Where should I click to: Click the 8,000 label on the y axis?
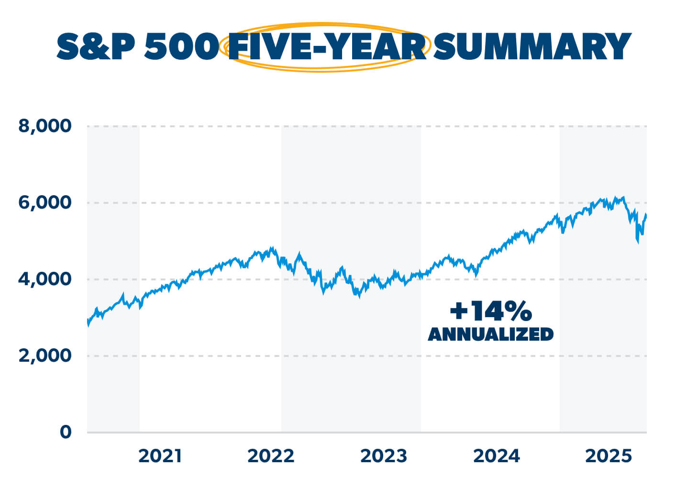coord(44,126)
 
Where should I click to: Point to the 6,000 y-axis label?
coord(44,202)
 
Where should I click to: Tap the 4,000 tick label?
coord(44,279)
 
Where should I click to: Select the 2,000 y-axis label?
coord(44,356)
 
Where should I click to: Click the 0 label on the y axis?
coord(65,432)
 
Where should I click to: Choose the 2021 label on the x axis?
coord(160,456)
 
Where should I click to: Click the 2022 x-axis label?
coord(271,456)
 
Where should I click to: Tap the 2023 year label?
coord(383,456)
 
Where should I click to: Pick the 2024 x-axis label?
coord(496,456)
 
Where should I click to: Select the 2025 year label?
coord(609,456)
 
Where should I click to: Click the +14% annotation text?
coord(490,311)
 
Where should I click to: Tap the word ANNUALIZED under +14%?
coord(490,334)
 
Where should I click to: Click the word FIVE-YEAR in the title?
coord(326,47)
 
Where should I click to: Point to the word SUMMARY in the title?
coord(532,47)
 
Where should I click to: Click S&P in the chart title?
coord(96,47)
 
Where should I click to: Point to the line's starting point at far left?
coord(88,324)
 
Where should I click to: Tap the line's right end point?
coord(646,215)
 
